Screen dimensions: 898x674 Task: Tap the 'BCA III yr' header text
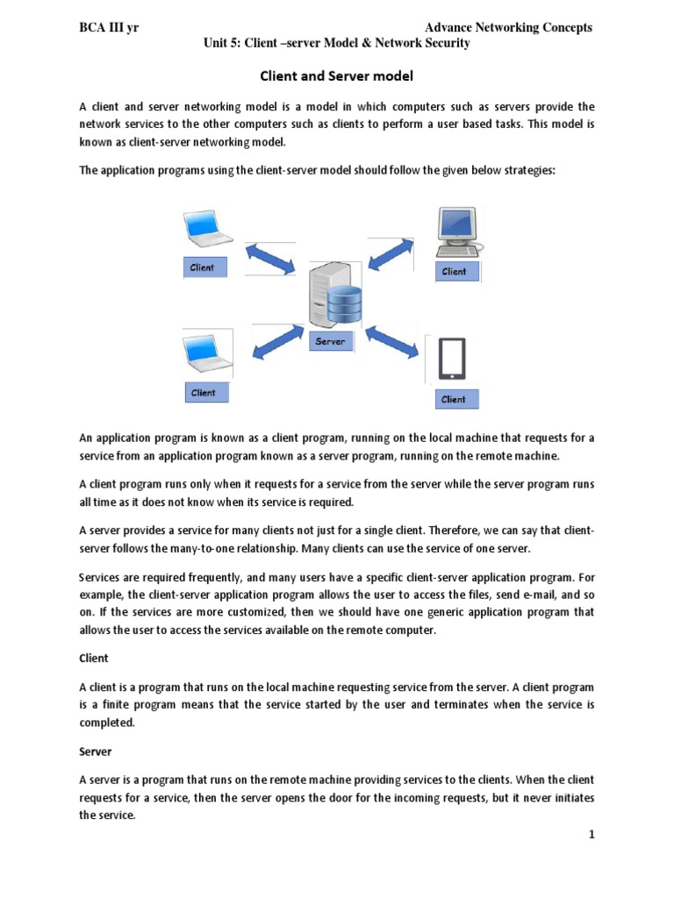point(109,28)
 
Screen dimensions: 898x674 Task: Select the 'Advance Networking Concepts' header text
point(508,28)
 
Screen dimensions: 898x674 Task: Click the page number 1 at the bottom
point(592,835)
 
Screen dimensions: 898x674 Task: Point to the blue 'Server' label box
point(330,341)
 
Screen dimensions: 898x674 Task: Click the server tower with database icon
point(332,294)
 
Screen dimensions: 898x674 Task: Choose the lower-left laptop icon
point(207,354)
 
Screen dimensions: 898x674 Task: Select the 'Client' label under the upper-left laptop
point(203,267)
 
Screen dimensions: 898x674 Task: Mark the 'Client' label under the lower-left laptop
point(204,392)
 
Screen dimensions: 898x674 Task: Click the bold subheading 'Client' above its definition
point(94,656)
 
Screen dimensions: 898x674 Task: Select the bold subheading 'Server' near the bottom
point(95,752)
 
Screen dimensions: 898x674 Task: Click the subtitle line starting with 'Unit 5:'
point(337,44)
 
